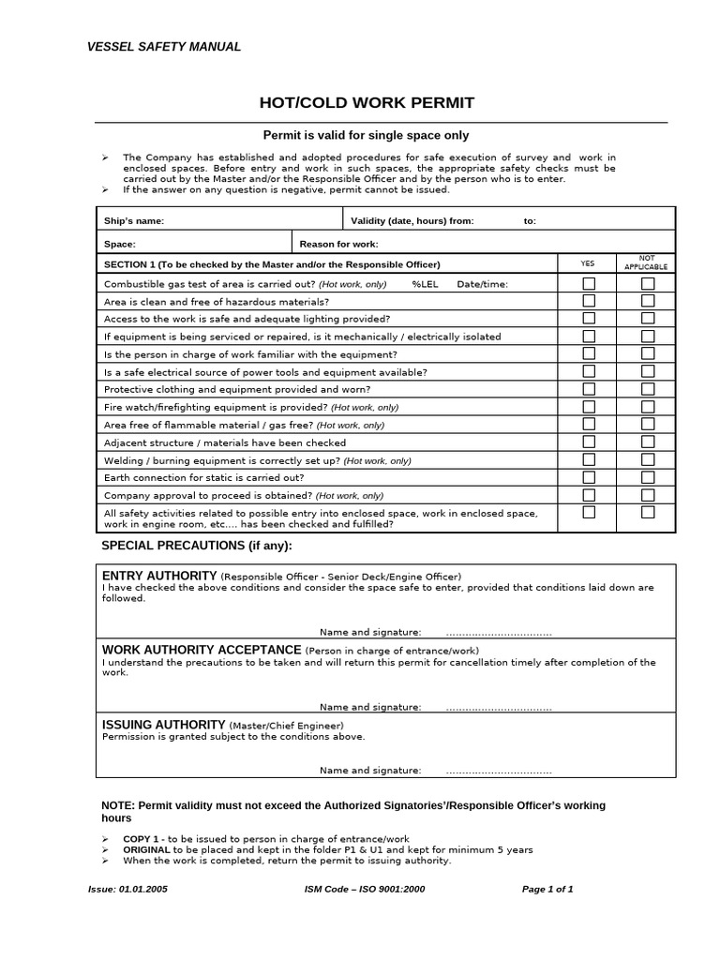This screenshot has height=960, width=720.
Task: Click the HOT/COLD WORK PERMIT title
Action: click(367, 102)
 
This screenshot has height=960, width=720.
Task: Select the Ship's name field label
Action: click(134, 220)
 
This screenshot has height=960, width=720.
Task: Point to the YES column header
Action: click(588, 263)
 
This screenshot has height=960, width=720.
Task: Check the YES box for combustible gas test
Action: click(589, 283)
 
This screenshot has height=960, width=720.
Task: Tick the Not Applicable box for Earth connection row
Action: click(648, 477)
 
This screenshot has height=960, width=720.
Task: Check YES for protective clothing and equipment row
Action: click(589, 388)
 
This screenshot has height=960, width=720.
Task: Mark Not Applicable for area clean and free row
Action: click(648, 301)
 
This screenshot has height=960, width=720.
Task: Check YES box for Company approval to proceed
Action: click(589, 494)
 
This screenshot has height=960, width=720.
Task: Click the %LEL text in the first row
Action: click(425, 284)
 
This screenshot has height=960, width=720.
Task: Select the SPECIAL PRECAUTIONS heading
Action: click(196, 546)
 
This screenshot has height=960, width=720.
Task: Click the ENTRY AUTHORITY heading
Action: click(158, 575)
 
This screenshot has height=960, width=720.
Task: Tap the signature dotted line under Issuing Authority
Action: click(499, 771)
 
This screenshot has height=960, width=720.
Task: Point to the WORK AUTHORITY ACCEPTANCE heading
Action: click(201, 650)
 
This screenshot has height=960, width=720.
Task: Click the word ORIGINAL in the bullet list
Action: click(146, 849)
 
